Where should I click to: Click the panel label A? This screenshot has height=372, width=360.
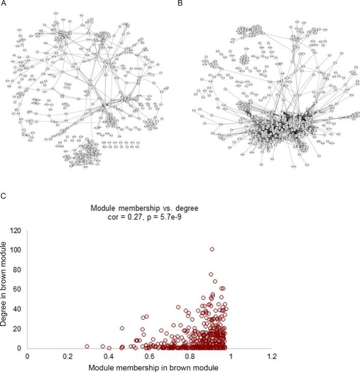3,4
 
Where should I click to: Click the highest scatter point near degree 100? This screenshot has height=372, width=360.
212,249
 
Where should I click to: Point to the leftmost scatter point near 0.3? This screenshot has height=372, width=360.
87,346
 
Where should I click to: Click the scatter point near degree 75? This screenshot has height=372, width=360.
211,274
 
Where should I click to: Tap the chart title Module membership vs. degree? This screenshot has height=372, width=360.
149,208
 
